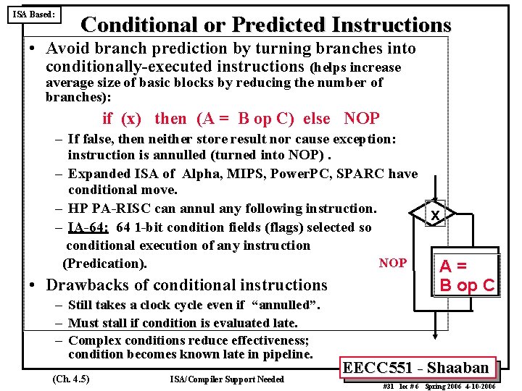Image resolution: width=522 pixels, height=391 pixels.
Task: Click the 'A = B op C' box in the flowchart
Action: pos(468,275)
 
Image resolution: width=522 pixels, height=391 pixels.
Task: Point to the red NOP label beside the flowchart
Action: pos(393,263)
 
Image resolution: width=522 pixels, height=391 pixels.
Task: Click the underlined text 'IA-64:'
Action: pos(88,227)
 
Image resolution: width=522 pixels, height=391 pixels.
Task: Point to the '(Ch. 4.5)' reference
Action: pos(71,379)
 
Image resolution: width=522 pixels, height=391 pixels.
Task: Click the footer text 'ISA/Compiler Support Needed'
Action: pos(226,379)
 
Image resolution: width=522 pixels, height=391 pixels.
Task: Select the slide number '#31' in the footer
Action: pos(389,386)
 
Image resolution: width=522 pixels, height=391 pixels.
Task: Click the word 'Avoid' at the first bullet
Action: pos(67,49)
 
